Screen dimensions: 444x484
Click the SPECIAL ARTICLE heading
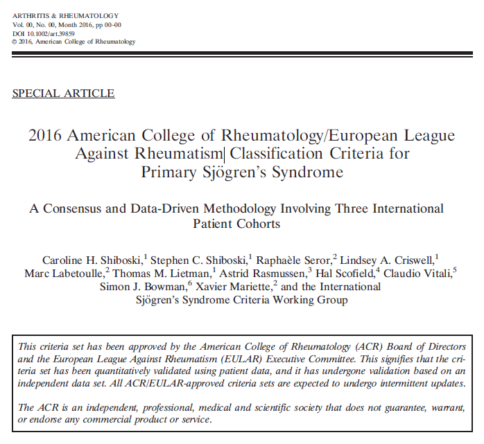(x=64, y=94)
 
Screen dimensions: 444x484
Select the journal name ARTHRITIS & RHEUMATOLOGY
(x=66, y=15)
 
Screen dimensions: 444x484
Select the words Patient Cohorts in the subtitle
(x=237, y=224)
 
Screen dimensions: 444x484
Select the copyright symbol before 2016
(x=15, y=42)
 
